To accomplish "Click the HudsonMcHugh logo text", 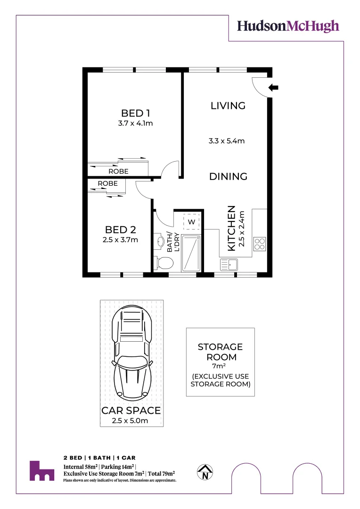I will (x=287, y=26).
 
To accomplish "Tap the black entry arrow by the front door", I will (x=274, y=87).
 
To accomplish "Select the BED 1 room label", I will (x=136, y=113).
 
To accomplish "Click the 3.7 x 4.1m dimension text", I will (x=136, y=124).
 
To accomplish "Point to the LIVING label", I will (x=228, y=106).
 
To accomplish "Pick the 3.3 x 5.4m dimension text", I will (x=227, y=140).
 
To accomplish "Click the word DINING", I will (x=228, y=177).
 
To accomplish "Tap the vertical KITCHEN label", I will (x=232, y=228).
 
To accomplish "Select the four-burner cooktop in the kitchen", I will (x=260, y=243).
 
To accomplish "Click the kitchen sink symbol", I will (x=229, y=265).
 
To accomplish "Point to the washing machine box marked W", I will (x=192, y=222).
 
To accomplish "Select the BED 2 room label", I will (x=121, y=230).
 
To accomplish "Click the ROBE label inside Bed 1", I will (x=118, y=172).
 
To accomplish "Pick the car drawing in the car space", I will (x=131, y=351).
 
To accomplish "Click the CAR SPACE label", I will (x=131, y=410).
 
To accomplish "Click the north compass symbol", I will (x=205, y=472).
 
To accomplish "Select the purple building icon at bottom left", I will (x=41, y=471).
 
